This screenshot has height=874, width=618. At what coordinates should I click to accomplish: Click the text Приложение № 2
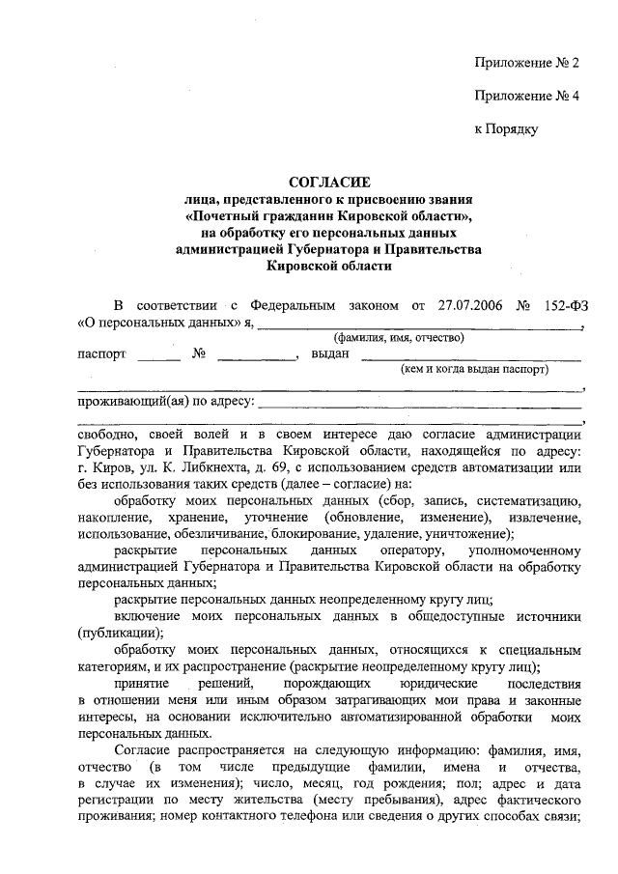[525, 64]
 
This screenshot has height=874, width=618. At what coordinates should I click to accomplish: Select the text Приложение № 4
[525, 96]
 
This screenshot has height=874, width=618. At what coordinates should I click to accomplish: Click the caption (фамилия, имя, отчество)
[399, 337]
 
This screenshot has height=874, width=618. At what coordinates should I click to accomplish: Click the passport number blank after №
[256, 355]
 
